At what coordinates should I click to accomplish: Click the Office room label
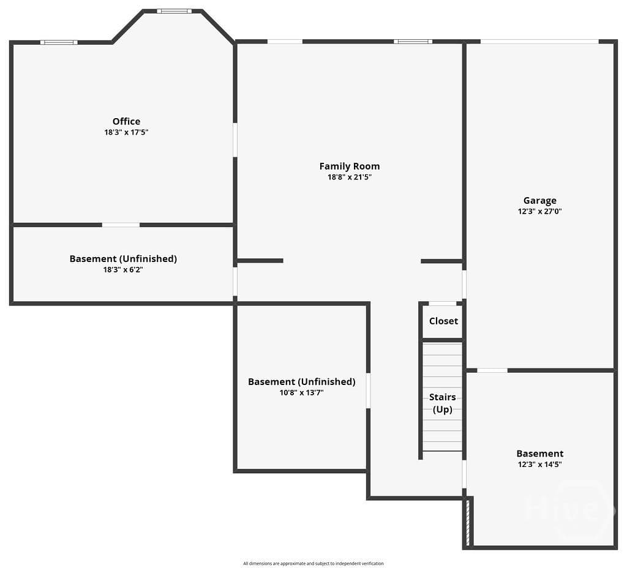126,121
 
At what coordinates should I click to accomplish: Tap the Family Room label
350,166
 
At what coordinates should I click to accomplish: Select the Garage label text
540,201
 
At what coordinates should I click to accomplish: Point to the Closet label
443,321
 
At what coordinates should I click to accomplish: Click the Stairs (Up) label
443,403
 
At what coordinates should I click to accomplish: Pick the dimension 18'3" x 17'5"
126,132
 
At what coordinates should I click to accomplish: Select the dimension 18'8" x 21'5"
350,177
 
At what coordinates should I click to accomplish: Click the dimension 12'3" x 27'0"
540,211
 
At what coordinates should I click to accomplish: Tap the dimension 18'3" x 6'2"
123,270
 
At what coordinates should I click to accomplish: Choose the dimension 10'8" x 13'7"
301,393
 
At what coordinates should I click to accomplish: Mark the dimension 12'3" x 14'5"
540,465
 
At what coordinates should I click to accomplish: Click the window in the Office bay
174,11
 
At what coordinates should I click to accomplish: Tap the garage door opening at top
539,42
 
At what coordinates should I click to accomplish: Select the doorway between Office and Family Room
235,140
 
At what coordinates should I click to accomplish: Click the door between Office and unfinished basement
121,225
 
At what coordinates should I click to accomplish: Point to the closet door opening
442,304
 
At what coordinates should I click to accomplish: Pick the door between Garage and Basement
492,370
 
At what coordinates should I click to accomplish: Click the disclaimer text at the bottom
313,564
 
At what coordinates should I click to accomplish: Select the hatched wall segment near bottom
467,523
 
